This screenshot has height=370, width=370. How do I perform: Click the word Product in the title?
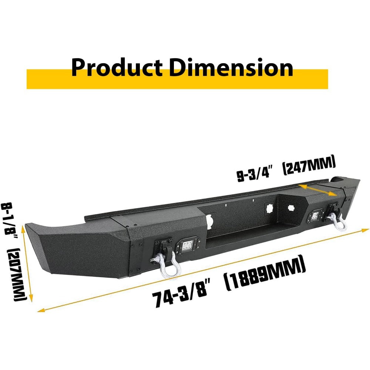pos(117,67)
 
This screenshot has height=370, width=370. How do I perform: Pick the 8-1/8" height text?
pos(10,221)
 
